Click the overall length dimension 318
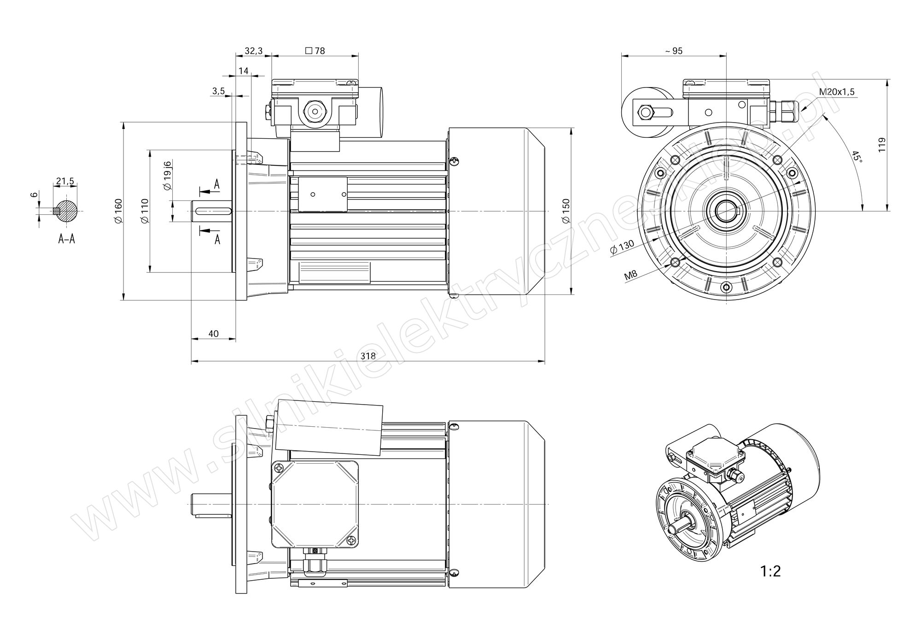pos(368,356)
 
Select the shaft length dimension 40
pos(213,333)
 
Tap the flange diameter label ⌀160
pos(118,211)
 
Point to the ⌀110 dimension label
pos(145,211)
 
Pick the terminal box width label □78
pos(315,51)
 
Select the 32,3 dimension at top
pos(253,51)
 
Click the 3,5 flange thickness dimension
pos(218,91)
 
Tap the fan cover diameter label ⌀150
pos(566,211)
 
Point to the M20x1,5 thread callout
pos(836,92)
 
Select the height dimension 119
pos(881,145)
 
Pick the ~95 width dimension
pos(674,51)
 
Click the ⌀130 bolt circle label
pos(622,247)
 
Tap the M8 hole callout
pos(630,276)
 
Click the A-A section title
pos(67,239)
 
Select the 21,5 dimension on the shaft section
pos(65,181)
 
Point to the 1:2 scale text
pos(770,572)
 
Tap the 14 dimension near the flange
pos(244,71)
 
